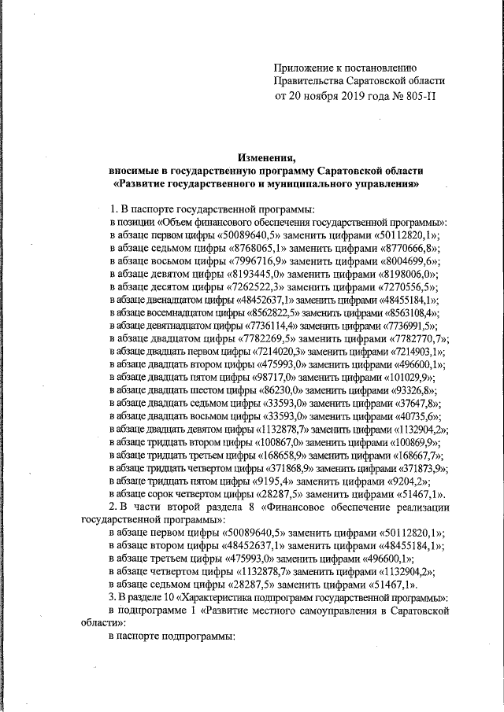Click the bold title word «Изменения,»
265,157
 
